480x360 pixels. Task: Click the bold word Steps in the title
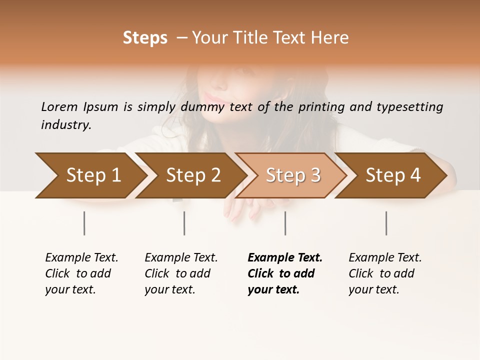point(145,38)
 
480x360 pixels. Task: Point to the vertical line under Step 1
point(84,223)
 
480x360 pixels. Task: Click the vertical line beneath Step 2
point(184,223)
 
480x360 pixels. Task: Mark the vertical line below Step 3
point(285,223)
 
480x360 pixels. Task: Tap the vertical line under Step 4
point(386,223)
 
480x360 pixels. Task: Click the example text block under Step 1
point(81,273)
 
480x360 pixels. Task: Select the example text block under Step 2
point(181,273)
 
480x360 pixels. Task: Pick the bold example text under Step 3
point(285,273)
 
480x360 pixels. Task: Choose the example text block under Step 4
point(385,273)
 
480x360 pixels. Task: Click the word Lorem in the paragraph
point(59,106)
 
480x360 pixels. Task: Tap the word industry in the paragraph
point(66,125)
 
